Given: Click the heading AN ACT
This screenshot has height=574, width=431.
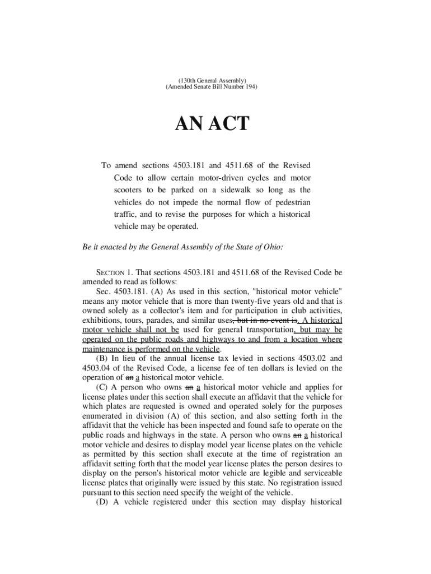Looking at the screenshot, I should click(212, 123).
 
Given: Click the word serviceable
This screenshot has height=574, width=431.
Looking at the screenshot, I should click(312, 473).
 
